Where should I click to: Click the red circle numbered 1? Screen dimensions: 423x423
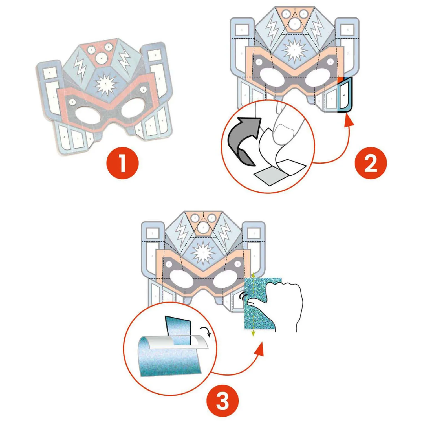(122, 163)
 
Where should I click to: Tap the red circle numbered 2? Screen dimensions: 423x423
(371, 163)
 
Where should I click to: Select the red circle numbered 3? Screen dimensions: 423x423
(222, 401)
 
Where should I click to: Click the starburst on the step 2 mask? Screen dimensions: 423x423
(295, 51)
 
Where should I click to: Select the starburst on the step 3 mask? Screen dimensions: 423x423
(203, 252)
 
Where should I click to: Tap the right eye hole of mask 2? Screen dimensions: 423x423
(318, 78)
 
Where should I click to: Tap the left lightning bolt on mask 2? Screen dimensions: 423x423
(273, 30)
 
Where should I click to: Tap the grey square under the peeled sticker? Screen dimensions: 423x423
(269, 175)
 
